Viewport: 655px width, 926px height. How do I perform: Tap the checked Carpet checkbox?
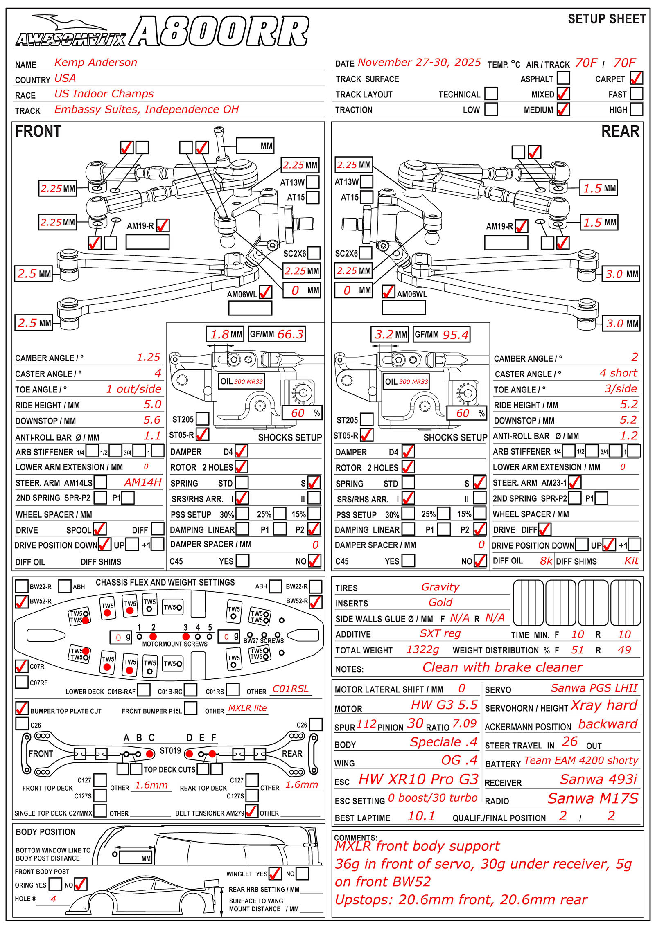[636, 78]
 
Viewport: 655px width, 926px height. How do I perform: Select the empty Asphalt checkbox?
[563, 78]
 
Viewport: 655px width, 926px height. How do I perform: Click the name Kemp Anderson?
[96, 63]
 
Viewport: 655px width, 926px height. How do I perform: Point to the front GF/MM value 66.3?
[290, 334]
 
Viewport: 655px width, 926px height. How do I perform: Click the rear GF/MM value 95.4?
[455, 335]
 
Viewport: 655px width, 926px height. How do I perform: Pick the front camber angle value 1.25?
[148, 357]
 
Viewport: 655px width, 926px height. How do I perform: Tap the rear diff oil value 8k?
[546, 561]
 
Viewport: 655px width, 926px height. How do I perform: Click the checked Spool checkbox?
[99, 529]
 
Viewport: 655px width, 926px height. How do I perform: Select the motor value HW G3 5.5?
[444, 705]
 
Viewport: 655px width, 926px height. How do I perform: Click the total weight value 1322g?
[422, 649]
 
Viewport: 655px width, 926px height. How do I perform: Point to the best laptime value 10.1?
[421, 816]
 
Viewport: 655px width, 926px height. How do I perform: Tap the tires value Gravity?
[440, 587]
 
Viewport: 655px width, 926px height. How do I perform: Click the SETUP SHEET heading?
[607, 19]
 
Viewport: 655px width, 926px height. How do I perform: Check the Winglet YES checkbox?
[275, 874]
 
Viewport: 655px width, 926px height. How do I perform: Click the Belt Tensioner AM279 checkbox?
[251, 811]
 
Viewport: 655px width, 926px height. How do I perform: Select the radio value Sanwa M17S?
[593, 798]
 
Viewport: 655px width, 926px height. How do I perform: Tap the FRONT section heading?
[38, 131]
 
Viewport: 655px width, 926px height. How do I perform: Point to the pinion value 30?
[415, 723]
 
